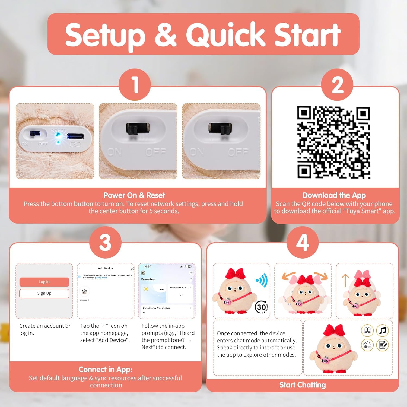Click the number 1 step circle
(135, 84)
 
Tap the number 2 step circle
(337, 84)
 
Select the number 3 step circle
(105, 242)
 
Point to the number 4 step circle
(302, 242)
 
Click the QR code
(333, 142)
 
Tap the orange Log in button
(44, 282)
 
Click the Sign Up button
(44, 293)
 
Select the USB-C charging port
(75, 136)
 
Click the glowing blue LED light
(58, 135)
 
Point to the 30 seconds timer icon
(261, 307)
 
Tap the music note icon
(383, 331)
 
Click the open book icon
(367, 331)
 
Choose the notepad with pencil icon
(383, 345)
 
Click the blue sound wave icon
(262, 280)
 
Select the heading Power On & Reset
(134, 195)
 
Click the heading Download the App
(334, 195)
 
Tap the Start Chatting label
(303, 385)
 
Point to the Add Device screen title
(105, 268)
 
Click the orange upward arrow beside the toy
(345, 280)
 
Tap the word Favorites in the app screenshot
(148, 279)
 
